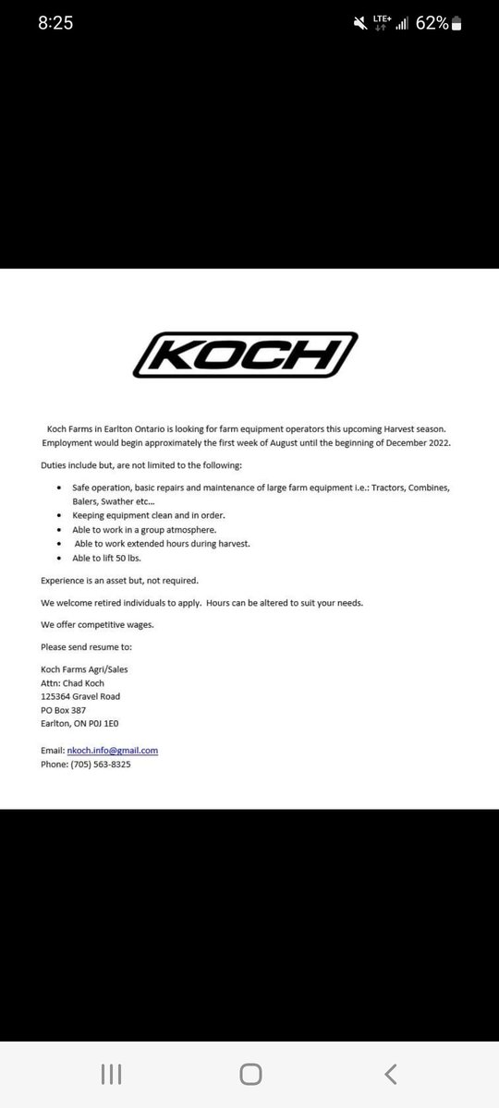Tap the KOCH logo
click(249, 355)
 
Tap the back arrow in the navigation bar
click(391, 1073)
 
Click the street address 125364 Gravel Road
click(80, 696)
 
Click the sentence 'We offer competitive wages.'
click(97, 624)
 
